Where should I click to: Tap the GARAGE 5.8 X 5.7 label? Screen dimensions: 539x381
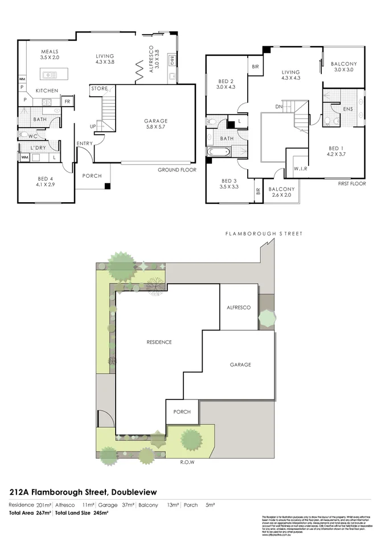pyautogui.click(x=155, y=124)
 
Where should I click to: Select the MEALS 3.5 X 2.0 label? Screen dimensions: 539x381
pyautogui.click(x=50, y=55)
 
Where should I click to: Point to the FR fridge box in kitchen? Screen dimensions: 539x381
pyautogui.click(x=67, y=101)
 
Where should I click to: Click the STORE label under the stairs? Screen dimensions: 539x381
pyautogui.click(x=99, y=89)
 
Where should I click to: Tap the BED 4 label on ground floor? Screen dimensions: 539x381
pyautogui.click(x=46, y=182)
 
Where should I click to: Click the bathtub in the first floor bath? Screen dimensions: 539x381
pyautogui.click(x=220, y=152)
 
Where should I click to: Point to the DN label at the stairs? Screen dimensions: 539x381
pyautogui.click(x=278, y=106)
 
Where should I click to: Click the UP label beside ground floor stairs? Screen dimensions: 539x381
pyautogui.click(x=93, y=126)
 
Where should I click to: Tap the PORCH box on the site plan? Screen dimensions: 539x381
pyautogui.click(x=182, y=412)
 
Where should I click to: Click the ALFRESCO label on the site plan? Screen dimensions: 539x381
pyautogui.click(x=239, y=307)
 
